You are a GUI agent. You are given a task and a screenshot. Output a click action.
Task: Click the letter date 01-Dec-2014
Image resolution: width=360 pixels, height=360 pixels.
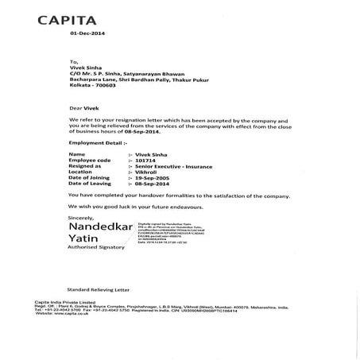[x=87, y=34]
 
